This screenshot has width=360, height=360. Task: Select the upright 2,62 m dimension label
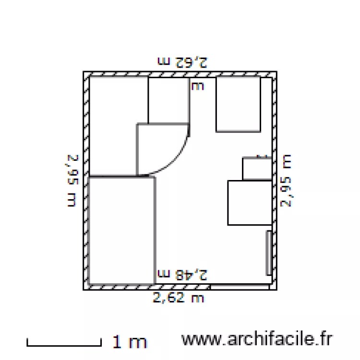tap(179, 298)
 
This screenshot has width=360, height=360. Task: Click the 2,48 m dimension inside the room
tap(183, 275)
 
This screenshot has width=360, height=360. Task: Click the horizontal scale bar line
tap(64, 344)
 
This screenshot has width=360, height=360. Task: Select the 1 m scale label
tap(130, 342)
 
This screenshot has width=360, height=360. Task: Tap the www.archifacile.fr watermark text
tap(256, 339)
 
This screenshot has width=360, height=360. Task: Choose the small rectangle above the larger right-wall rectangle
tap(257, 168)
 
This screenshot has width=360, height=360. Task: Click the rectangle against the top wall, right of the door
tap(238, 104)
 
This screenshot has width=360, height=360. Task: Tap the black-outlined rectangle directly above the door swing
tap(168, 100)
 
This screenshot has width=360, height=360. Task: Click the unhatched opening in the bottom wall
tap(240, 287)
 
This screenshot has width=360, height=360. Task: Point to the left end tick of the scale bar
tap(27, 342)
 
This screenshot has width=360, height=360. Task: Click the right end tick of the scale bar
tap(101, 342)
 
